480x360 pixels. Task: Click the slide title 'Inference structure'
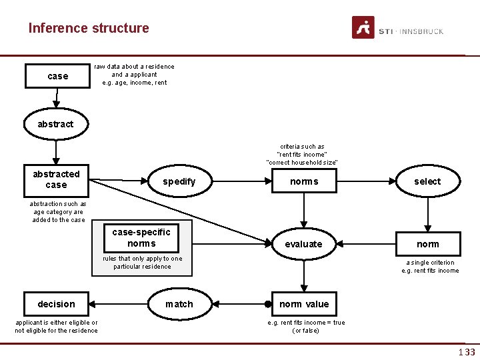89,28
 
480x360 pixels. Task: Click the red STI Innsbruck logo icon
363,27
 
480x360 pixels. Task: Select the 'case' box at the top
57,76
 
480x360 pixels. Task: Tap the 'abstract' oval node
55,124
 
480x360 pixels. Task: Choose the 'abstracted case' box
56,179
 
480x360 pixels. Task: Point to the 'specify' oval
179,181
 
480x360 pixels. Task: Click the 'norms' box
304,181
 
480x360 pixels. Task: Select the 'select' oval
427,181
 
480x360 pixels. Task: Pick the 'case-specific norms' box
141,238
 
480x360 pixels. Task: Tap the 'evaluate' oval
303,244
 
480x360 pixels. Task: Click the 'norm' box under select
427,244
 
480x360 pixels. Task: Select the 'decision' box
56,304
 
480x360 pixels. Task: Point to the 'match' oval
179,304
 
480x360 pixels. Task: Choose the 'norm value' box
304,304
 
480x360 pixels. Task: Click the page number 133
466,352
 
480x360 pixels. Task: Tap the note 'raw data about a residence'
134,67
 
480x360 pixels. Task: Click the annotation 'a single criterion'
430,263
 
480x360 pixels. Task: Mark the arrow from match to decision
120,304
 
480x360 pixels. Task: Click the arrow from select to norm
427,213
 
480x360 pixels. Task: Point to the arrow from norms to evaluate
304,210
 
